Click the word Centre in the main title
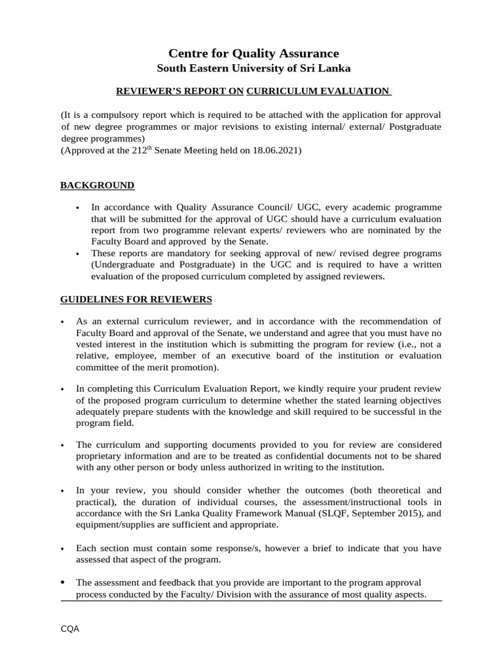[187, 53]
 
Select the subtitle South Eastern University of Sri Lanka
[253, 68]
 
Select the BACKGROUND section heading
[98, 185]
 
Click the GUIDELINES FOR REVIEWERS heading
[136, 299]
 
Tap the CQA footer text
[70, 628]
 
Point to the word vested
[90, 344]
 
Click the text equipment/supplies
[115, 525]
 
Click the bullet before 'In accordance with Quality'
[79, 208]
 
